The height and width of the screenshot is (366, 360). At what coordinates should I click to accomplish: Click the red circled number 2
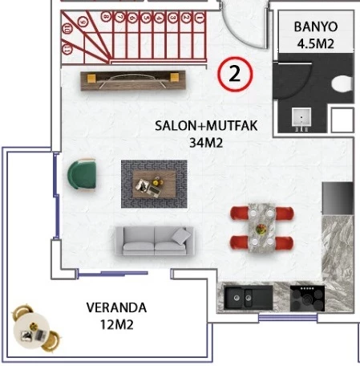pyautogui.click(x=235, y=75)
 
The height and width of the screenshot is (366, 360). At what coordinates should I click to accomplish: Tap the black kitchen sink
pyautogui.click(x=245, y=297)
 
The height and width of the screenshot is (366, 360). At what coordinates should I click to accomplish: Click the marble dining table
pyautogui.click(x=261, y=226)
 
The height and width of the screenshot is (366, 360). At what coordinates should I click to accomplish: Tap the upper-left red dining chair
pyautogui.click(x=243, y=213)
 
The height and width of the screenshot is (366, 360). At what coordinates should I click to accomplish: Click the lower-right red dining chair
pyautogui.click(x=281, y=242)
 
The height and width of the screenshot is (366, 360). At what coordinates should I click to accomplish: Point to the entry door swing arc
pyautogui.click(x=240, y=24)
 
